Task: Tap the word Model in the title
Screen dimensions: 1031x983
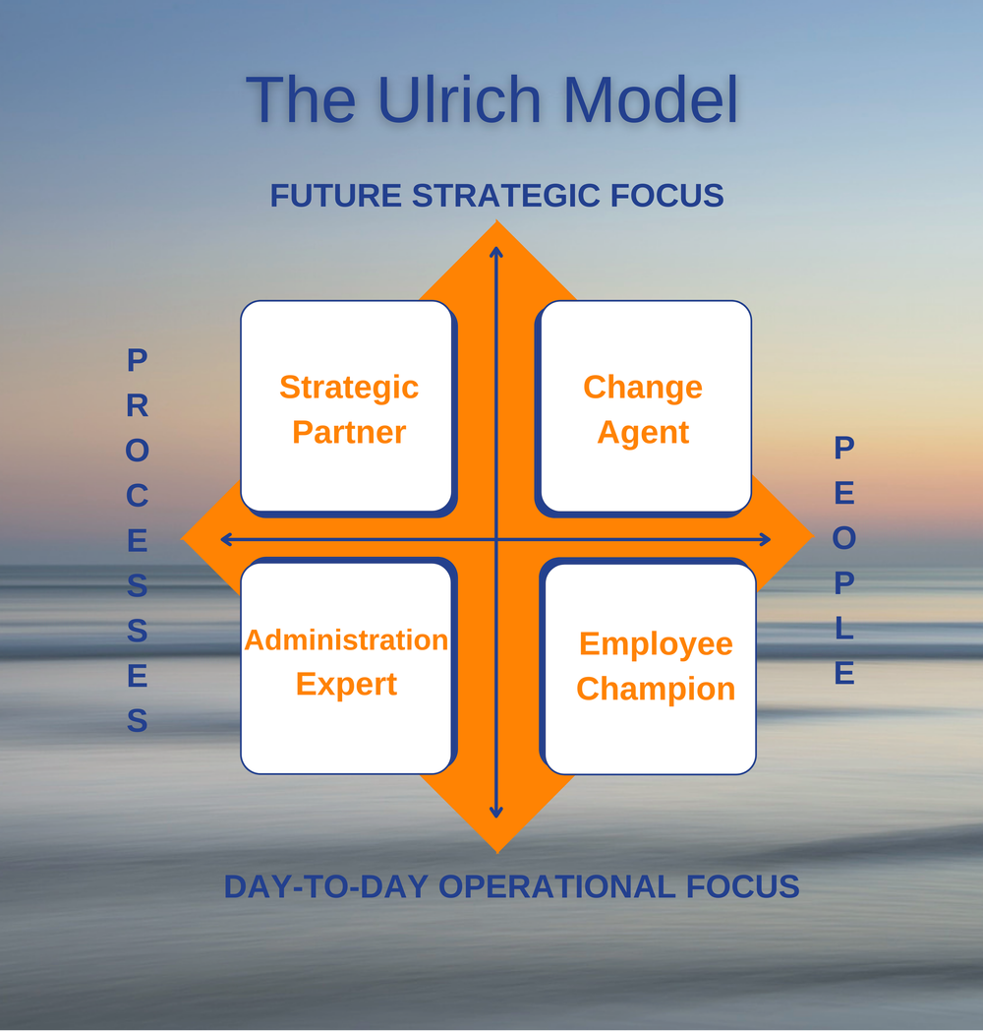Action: pos(651,98)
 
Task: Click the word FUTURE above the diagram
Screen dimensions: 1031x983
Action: pos(337,196)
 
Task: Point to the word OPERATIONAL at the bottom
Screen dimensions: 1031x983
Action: pos(550,886)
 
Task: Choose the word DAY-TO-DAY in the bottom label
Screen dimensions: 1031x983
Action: pos(327,886)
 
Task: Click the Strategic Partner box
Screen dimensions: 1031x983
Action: pos(348,407)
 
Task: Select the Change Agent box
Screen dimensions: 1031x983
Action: pos(644,407)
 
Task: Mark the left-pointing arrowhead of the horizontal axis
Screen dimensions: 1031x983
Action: pos(226,539)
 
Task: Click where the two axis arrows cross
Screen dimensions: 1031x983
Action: pos(496,539)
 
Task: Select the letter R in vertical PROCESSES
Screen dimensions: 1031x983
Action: pos(138,405)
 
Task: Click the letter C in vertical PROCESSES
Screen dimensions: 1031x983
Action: pos(138,496)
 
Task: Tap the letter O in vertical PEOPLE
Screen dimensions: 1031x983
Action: pos(844,538)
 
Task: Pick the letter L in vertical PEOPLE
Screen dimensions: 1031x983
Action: pos(844,628)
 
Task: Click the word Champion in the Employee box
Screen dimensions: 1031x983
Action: pos(656,689)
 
